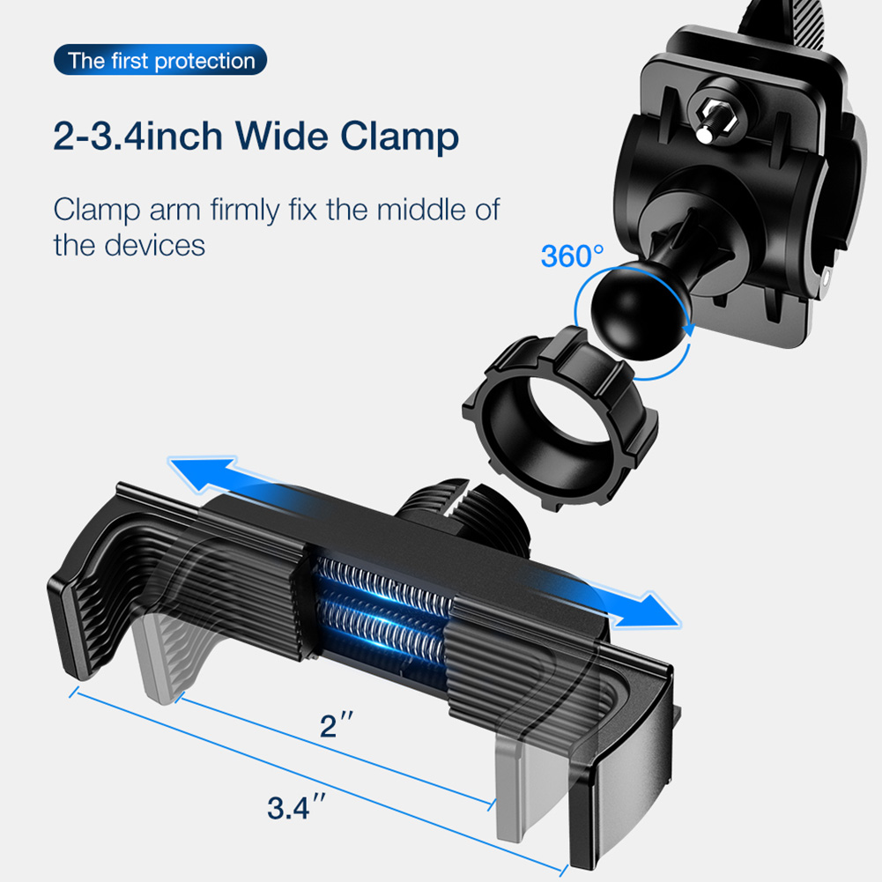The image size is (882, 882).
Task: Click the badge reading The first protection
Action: pyautogui.click(x=160, y=60)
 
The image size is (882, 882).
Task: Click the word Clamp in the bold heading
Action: pyautogui.click(x=399, y=137)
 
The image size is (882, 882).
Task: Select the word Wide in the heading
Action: pyautogui.click(x=281, y=136)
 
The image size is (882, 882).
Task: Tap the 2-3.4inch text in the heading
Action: pyautogui.click(x=137, y=137)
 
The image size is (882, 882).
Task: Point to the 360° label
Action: pyautogui.click(x=572, y=256)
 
